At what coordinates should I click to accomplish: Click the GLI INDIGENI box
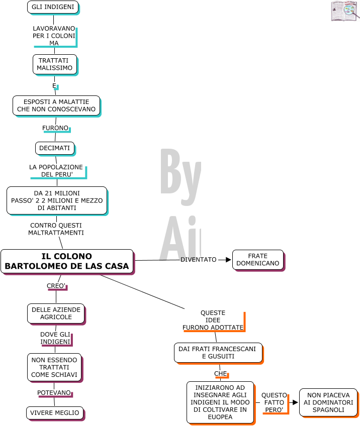tap(53, 7)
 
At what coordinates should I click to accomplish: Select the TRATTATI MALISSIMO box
tap(55, 64)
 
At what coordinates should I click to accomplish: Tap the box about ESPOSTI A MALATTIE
tap(56, 105)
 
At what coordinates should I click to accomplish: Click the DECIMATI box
tap(55, 148)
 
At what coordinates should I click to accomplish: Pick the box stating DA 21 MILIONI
tap(57, 200)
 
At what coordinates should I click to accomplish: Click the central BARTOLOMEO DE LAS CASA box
tap(67, 261)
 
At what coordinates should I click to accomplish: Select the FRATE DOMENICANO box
tap(258, 260)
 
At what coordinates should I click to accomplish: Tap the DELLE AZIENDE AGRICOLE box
tap(56, 313)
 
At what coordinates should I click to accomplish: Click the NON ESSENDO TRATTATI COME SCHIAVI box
tap(54, 367)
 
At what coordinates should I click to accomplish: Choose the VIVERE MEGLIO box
tap(55, 413)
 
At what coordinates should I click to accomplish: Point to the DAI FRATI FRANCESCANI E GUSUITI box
tap(218, 353)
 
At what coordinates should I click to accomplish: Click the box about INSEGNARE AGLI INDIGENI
tap(220, 402)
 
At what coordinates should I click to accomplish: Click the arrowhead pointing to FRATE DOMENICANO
tap(228, 260)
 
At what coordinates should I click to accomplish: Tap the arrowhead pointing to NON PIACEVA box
tap(295, 402)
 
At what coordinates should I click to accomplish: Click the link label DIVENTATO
tap(199, 260)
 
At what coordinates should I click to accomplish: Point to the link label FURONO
tap(55, 128)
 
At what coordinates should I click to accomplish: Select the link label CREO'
tap(56, 286)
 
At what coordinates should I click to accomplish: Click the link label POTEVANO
tap(54, 393)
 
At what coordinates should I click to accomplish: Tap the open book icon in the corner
tap(344, 11)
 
